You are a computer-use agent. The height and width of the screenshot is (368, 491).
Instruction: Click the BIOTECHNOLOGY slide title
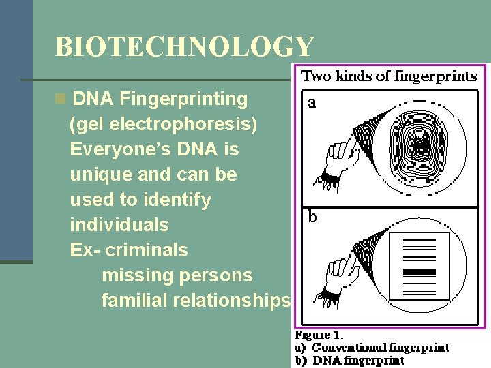pyautogui.click(x=184, y=47)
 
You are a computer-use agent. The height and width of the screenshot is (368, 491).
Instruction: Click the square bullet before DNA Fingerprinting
pyautogui.click(x=61, y=99)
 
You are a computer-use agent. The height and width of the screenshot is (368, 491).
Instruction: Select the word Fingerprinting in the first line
pyautogui.click(x=184, y=99)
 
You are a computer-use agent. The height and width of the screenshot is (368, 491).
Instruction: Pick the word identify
pyautogui.click(x=178, y=200)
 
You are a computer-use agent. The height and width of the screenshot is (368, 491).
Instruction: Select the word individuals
pyautogui.click(x=119, y=225)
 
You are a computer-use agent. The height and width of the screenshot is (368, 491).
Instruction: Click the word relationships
pyautogui.click(x=232, y=301)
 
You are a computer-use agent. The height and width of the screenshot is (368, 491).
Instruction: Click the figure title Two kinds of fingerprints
pyautogui.click(x=389, y=76)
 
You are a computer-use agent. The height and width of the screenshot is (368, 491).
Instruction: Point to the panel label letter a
pyautogui.click(x=312, y=103)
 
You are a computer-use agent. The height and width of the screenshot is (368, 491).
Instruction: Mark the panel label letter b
pyautogui.click(x=312, y=217)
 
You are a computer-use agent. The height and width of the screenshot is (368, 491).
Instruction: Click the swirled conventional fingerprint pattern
pyautogui.click(x=421, y=144)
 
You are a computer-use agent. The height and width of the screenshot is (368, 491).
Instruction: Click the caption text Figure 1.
pyautogui.click(x=318, y=335)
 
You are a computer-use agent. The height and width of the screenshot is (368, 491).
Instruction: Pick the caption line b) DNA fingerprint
pyautogui.click(x=348, y=360)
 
